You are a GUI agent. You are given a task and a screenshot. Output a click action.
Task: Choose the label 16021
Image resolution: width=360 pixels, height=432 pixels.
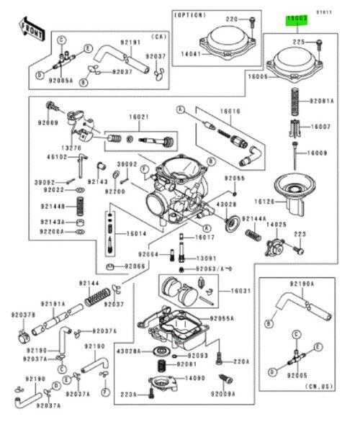point(139,117)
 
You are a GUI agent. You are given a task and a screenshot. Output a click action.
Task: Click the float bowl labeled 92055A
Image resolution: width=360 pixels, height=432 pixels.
point(173,328)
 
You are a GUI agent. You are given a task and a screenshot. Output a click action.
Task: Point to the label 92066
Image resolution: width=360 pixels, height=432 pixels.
point(135,266)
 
